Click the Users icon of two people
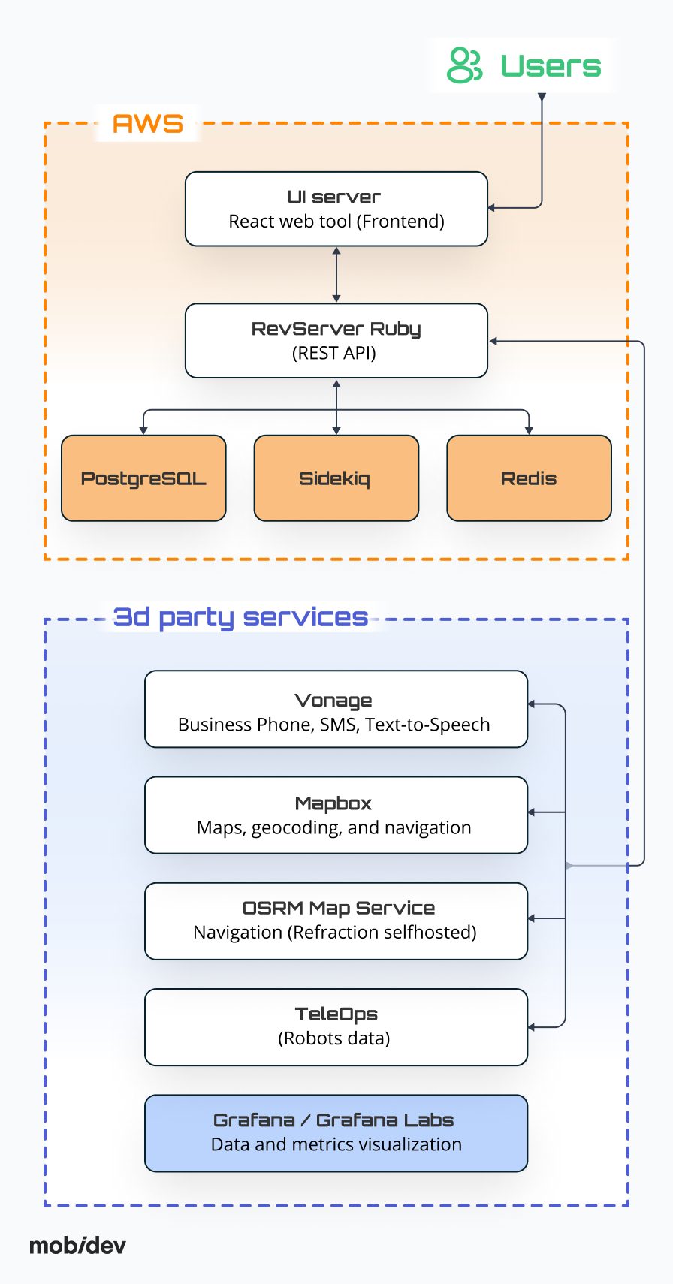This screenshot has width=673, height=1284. (x=464, y=65)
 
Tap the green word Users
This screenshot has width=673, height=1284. (x=551, y=66)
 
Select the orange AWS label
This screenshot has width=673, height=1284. (x=148, y=124)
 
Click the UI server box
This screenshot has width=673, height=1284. (x=336, y=209)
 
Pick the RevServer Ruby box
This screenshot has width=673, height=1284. (x=336, y=340)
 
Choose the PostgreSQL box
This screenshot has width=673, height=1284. (x=143, y=478)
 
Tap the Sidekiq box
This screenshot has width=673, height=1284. (x=336, y=478)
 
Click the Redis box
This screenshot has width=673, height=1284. (x=529, y=478)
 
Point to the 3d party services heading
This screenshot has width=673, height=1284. (x=240, y=617)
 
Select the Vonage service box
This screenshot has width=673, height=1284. (x=336, y=710)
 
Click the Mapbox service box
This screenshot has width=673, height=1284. (x=336, y=815)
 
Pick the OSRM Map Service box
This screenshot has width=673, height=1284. (x=336, y=921)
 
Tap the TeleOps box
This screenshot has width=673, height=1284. (x=336, y=1027)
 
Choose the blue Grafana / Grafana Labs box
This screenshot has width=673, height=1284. (x=336, y=1133)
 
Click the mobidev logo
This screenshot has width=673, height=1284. (x=77, y=1246)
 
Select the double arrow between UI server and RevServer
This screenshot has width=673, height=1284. (x=336, y=275)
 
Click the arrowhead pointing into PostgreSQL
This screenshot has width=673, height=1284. (x=143, y=430)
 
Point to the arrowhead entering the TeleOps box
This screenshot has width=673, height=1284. (x=532, y=1027)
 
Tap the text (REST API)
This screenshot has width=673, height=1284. (x=334, y=353)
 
